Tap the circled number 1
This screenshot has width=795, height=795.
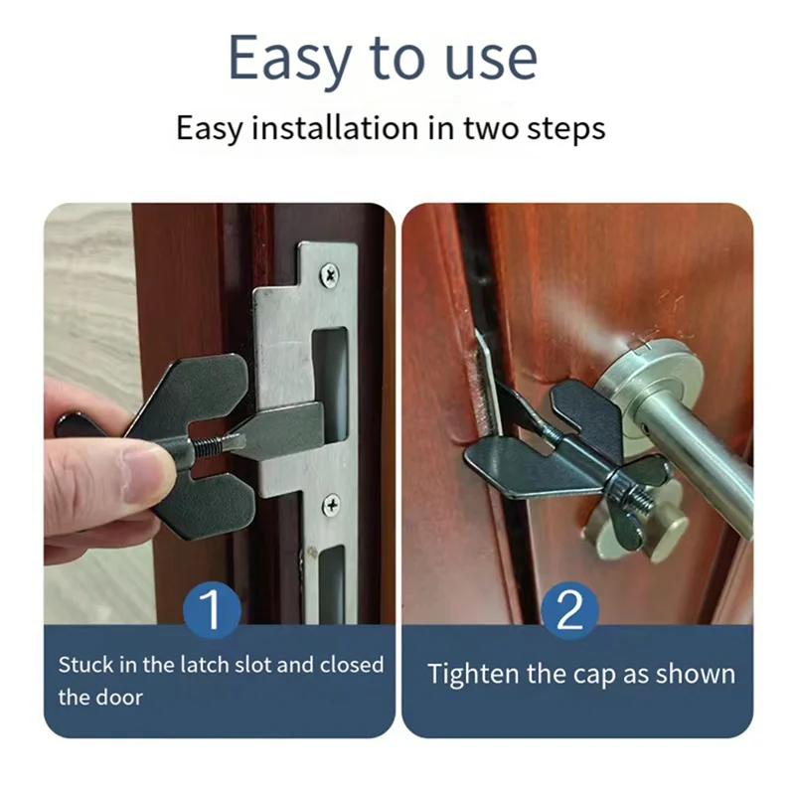[x=212, y=611]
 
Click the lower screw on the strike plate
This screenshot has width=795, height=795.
[x=331, y=505]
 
